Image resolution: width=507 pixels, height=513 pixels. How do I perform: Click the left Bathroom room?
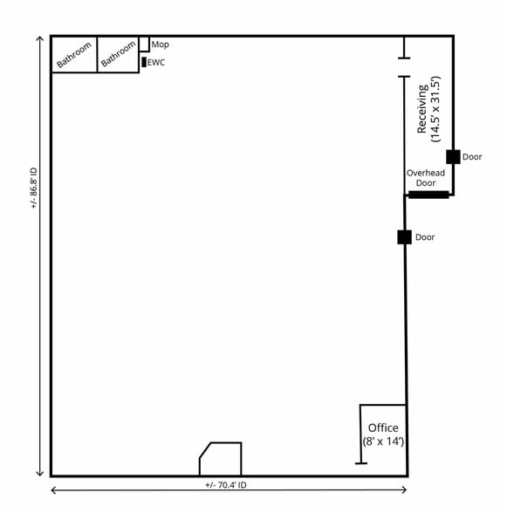(74, 55)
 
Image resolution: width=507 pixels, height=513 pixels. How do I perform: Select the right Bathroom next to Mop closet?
(118, 54)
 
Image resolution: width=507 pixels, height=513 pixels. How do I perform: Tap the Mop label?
(160, 44)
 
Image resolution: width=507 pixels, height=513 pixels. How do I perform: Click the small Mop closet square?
(144, 44)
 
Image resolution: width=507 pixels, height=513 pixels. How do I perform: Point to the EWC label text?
(156, 63)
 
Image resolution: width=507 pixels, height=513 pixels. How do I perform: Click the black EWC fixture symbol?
(144, 62)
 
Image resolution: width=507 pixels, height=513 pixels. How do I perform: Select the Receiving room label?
(422, 109)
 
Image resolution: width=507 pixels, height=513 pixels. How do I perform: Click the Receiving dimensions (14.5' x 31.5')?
(436, 109)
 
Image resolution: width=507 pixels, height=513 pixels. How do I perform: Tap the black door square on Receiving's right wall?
(453, 157)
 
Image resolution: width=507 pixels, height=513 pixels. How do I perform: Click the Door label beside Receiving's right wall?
(472, 157)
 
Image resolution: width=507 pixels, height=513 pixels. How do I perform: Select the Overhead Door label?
(426, 178)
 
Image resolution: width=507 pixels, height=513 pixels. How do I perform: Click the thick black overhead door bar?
(428, 195)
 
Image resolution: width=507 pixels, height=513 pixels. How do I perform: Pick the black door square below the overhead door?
(404, 237)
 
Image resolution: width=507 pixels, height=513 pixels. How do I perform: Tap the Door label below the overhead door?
(425, 237)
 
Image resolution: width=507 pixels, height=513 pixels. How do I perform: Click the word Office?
(383, 427)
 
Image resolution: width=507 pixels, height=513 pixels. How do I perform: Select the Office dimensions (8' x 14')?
(383, 442)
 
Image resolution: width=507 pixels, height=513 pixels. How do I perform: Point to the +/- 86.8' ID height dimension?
(34, 188)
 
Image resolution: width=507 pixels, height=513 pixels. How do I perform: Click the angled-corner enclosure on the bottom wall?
(221, 460)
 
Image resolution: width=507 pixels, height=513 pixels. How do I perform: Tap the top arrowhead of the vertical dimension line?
(39, 39)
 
